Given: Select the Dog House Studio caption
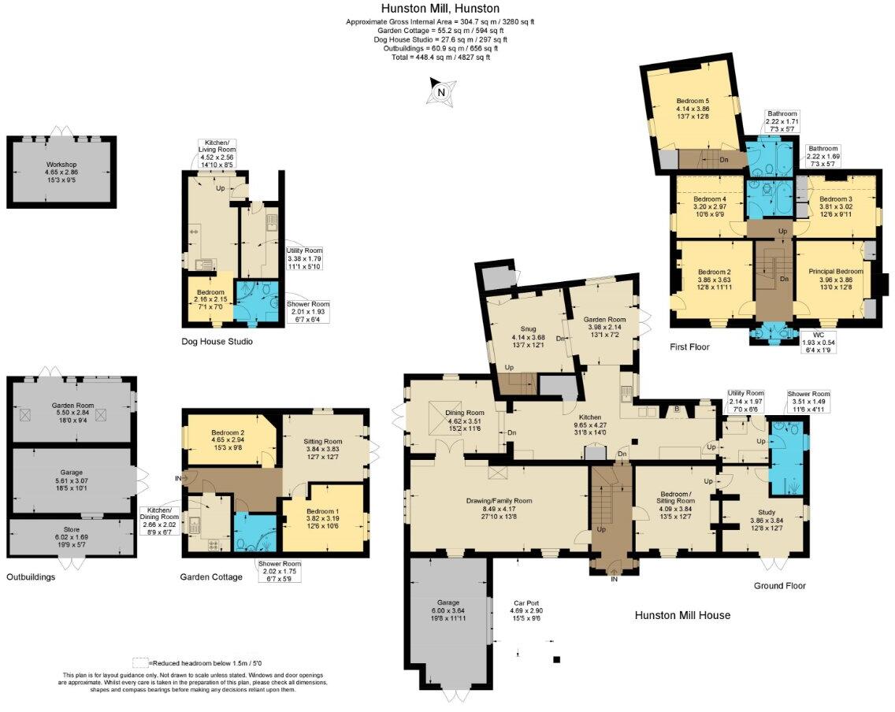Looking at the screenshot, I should click(216, 342).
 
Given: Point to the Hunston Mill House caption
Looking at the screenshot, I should click(682, 615).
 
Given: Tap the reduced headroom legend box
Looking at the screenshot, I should click(141, 662).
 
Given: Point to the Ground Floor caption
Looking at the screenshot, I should click(779, 585).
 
